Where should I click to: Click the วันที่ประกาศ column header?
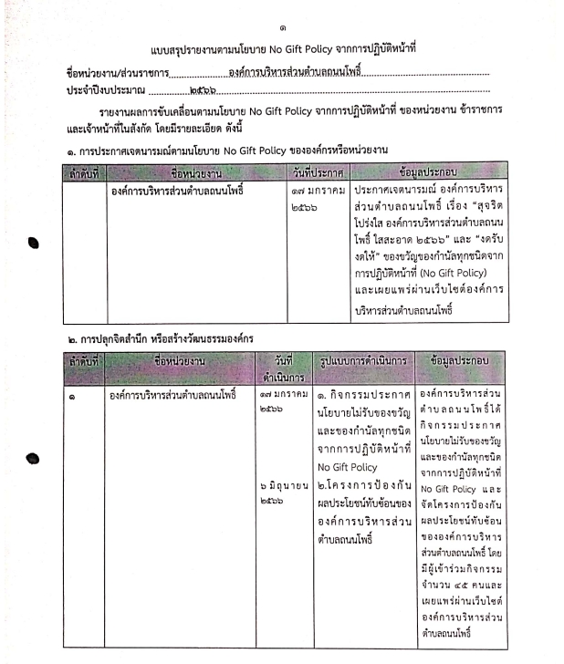pyautogui.click(x=319, y=171)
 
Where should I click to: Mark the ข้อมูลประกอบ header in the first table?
pyautogui.click(x=428, y=171)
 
